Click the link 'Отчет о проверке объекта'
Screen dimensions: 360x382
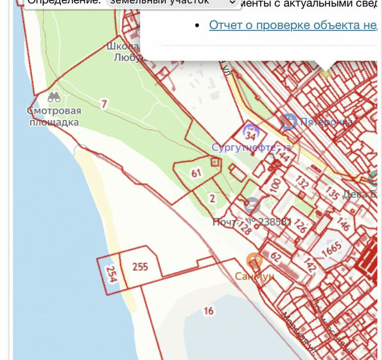point(292,25)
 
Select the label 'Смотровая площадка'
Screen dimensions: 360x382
point(55,116)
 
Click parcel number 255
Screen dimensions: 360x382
point(139,266)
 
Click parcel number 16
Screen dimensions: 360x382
point(208,311)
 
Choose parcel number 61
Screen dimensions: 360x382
point(196,172)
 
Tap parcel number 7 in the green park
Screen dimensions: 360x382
point(104,104)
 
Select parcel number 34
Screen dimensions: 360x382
point(250,136)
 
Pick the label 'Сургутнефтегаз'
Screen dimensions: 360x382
point(252,147)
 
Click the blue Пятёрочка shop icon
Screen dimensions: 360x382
point(290,121)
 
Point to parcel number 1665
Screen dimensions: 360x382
point(331,248)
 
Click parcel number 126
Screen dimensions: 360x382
point(300,227)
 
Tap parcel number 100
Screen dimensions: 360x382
point(275,186)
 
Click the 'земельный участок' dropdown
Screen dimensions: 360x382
point(171,3)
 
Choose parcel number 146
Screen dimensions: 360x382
point(343,224)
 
